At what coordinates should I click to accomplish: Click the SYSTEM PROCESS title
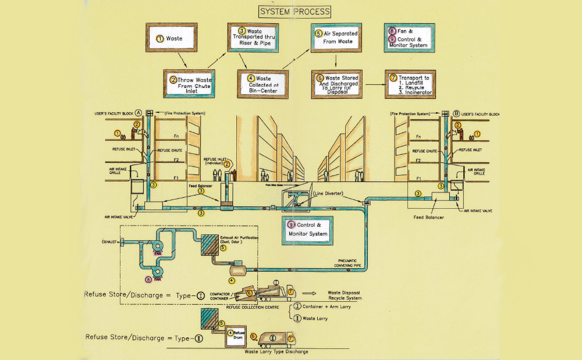pyautogui.click(x=294, y=11)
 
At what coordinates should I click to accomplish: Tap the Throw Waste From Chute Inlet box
pyautogui.click(x=189, y=84)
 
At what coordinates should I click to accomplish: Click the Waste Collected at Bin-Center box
pyautogui.click(x=262, y=84)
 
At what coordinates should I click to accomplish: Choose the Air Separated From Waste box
pyautogui.click(x=336, y=38)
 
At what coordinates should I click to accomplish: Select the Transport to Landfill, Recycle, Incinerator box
pyautogui.click(x=410, y=84)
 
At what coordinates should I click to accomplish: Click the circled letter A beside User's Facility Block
pyautogui.click(x=139, y=112)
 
